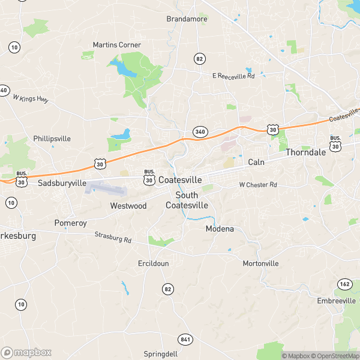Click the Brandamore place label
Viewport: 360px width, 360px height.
click(187, 19)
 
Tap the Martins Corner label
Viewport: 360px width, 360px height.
click(117, 45)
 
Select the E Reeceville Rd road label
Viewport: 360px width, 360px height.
click(233, 76)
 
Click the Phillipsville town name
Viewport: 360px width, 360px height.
click(52, 139)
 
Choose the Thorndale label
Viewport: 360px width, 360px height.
click(305, 152)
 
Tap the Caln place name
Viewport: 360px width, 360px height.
click(256, 163)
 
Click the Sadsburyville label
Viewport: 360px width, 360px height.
click(62, 183)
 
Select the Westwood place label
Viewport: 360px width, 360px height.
click(128, 206)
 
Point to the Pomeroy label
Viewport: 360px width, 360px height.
click(71, 223)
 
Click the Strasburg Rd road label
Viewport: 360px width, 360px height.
click(113, 238)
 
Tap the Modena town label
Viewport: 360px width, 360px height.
click(220, 229)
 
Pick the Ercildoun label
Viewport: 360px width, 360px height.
click(154, 263)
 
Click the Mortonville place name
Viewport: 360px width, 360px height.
click(260, 263)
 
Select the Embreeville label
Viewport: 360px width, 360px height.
click(337, 301)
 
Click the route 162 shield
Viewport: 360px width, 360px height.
click(344, 283)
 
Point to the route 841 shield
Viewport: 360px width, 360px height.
click(186, 340)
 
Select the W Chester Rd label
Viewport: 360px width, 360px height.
click(258, 185)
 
